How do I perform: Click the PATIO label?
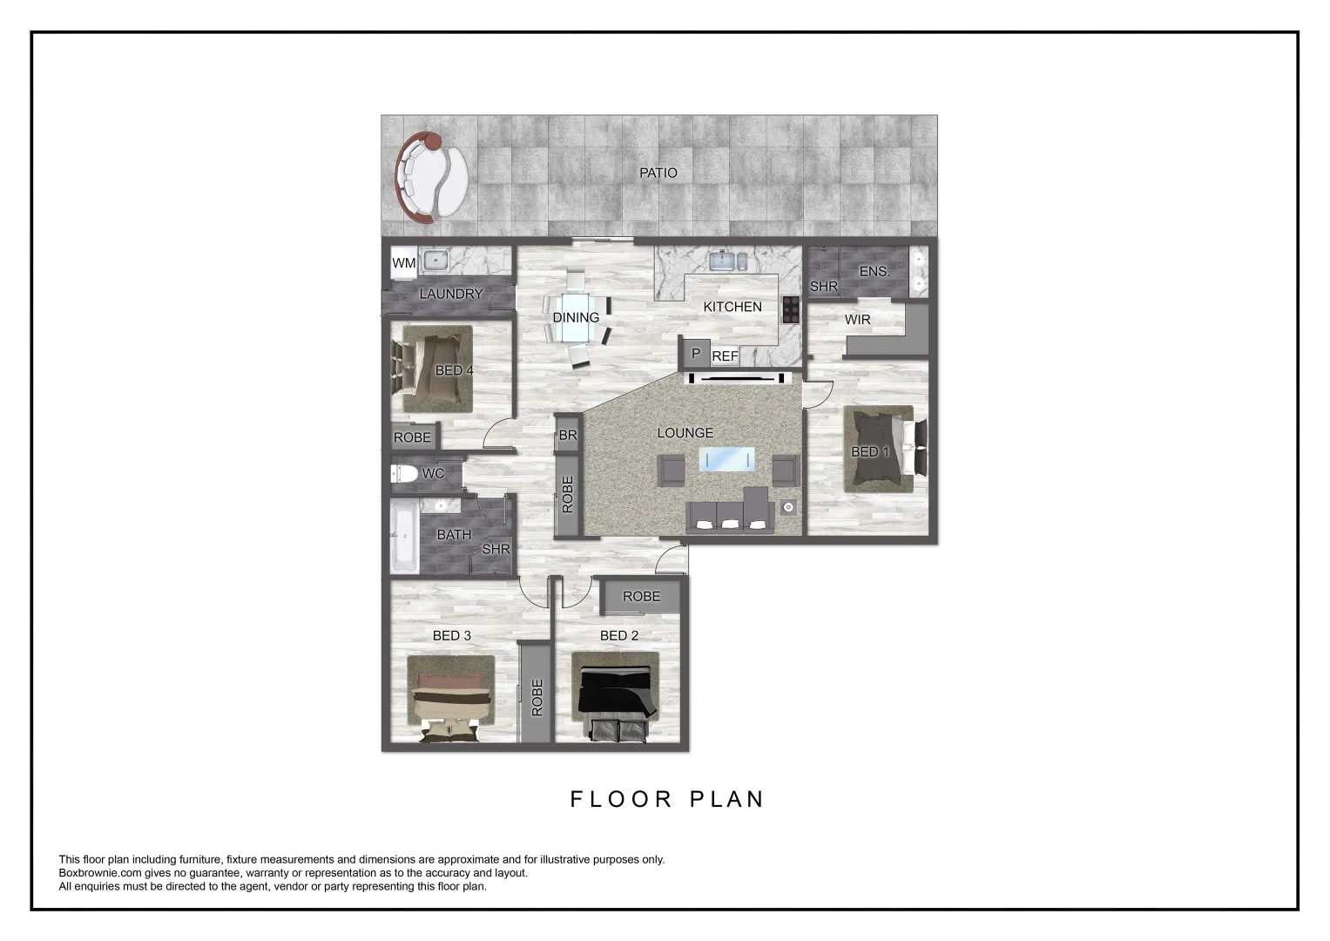click(x=658, y=173)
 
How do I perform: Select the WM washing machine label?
click(x=403, y=262)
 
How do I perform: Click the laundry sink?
click(x=434, y=260)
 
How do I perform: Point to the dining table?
click(x=576, y=318)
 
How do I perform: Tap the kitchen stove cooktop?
click(x=791, y=309)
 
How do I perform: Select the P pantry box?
click(x=695, y=354)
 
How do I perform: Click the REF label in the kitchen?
click(x=725, y=356)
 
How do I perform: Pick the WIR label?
click(x=858, y=320)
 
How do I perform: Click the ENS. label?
click(x=874, y=272)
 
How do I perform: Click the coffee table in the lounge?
click(x=726, y=459)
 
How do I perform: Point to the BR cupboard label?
click(x=568, y=435)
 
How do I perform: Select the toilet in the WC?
click(x=404, y=474)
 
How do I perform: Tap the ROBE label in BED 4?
click(x=412, y=437)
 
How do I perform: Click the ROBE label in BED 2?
click(x=642, y=597)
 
